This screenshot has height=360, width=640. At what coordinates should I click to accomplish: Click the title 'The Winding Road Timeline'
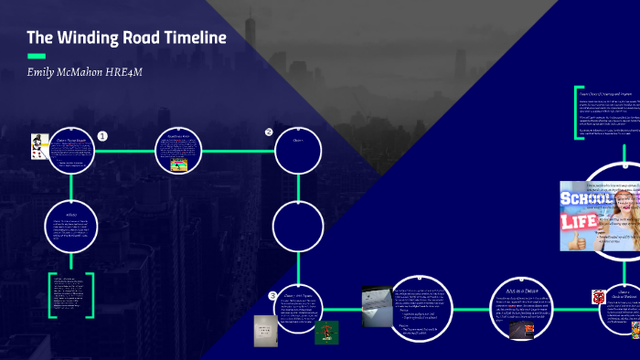pos(126,37)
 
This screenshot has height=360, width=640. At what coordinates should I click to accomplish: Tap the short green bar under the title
pos(36,56)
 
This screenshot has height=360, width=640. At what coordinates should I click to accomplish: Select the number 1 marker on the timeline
pos(102,135)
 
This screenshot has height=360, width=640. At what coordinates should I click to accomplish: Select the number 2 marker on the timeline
pos(269,132)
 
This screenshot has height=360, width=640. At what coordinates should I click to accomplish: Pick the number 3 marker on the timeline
pos(272,295)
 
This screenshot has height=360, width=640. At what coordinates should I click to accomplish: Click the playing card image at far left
pos(37,146)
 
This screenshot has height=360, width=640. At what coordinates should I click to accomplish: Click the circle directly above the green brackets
pos(70,224)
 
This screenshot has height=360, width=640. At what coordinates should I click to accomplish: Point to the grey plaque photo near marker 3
pos(264,331)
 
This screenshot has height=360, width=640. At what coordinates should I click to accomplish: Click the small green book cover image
pos(326,333)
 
